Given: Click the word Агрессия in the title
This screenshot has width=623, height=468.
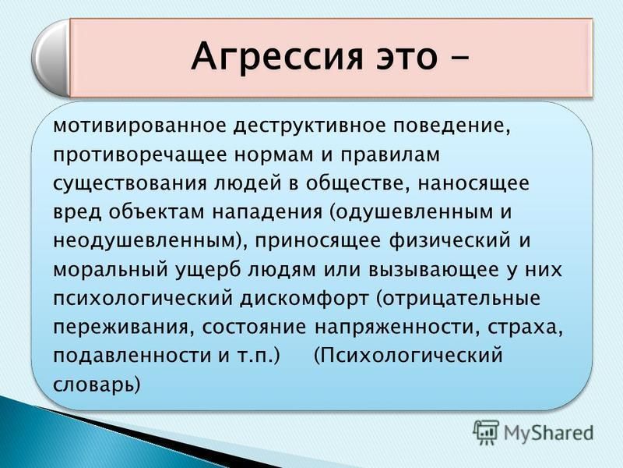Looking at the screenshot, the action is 277,56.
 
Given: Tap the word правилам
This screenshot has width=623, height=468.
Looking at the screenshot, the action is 391,154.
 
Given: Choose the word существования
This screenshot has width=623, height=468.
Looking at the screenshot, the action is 130,184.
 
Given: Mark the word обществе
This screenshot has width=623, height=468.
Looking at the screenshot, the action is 357,184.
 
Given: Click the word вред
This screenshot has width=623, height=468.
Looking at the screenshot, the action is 76,211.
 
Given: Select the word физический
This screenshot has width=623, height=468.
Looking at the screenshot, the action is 450,241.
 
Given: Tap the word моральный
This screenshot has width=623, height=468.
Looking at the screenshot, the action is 110,270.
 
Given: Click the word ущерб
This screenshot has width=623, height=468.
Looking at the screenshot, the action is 207,271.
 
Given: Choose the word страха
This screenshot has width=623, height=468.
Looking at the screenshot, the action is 525,328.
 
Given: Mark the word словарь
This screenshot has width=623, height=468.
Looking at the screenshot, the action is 97,385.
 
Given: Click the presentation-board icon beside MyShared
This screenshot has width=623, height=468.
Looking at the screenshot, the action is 485,432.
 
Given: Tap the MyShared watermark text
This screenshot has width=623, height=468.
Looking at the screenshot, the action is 548,432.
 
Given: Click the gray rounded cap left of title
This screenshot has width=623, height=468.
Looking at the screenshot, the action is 51,58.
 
